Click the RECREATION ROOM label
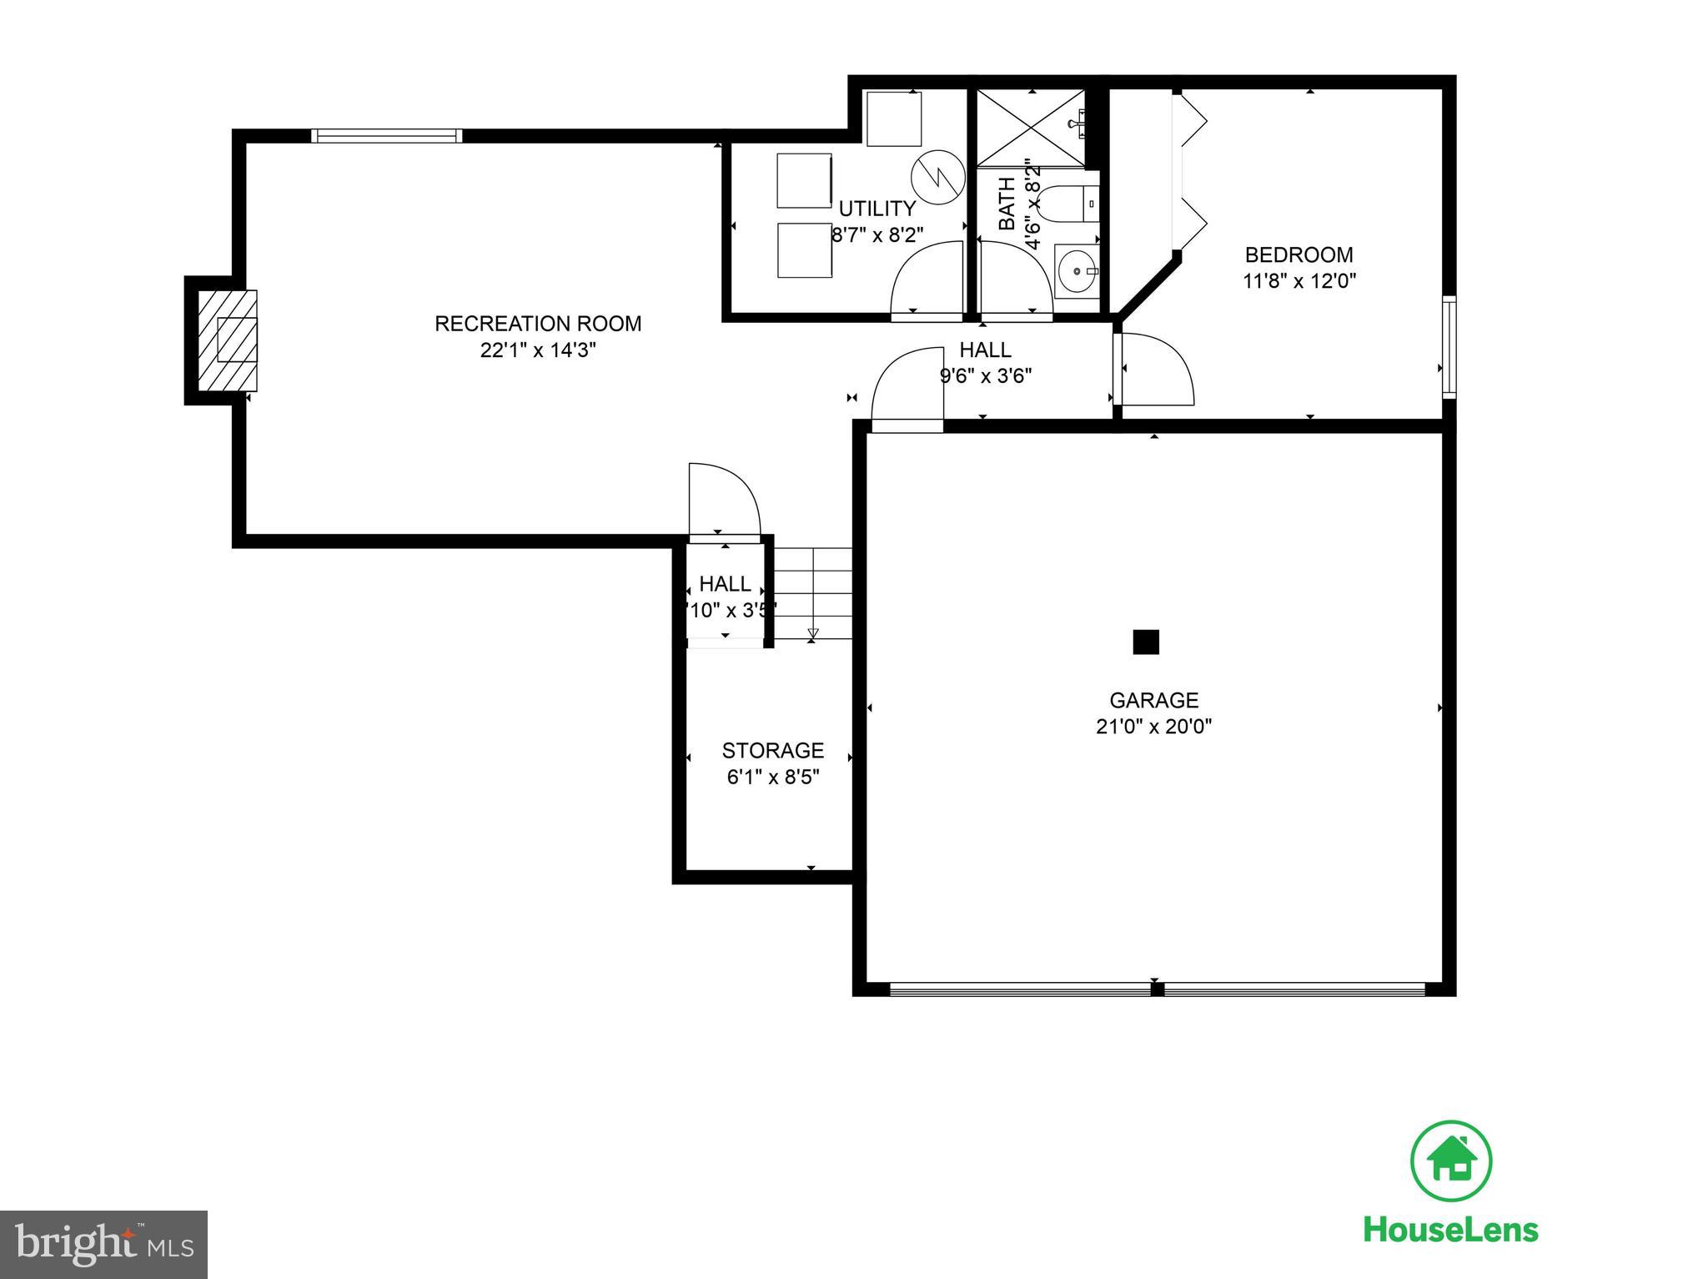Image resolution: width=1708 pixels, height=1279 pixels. [538, 324]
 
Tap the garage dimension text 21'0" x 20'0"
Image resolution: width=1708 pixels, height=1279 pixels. [1153, 727]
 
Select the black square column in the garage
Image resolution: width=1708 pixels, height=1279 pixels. [1146, 642]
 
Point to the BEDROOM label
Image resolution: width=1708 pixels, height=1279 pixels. [1299, 255]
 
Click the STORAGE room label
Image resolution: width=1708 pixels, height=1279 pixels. [772, 750]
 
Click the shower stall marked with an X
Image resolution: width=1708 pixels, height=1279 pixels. [1030, 127]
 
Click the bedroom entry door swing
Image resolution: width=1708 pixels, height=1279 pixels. [1155, 370]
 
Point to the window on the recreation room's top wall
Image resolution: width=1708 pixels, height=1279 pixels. [386, 136]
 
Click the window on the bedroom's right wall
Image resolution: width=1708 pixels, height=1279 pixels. [1449, 346]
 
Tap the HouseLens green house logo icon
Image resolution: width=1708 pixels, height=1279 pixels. [1451, 1161]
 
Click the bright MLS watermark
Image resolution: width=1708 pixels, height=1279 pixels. [103, 1245]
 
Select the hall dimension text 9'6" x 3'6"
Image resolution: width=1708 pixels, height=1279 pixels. [986, 376]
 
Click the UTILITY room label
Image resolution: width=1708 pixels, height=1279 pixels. [877, 209]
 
